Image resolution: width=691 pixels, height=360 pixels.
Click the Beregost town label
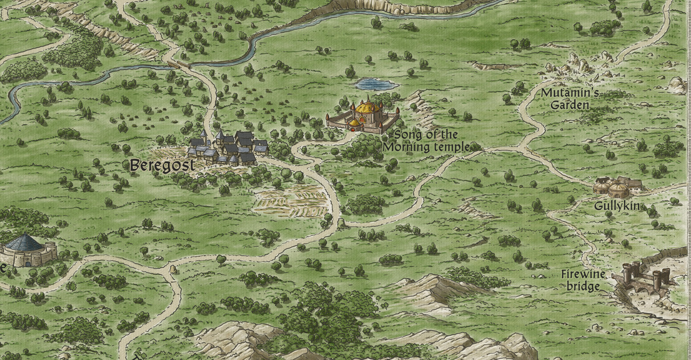point(162,165)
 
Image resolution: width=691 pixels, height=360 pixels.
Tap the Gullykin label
point(617,205)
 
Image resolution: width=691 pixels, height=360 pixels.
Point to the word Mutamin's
point(569,94)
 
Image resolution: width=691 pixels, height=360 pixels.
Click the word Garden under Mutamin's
point(570,106)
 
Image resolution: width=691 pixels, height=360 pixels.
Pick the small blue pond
point(375,84)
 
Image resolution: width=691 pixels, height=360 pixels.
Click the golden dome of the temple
point(368,107)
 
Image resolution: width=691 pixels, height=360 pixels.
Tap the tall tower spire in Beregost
point(203,135)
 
